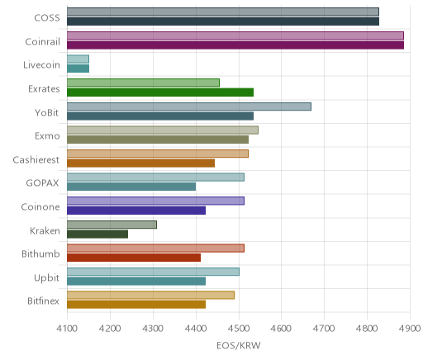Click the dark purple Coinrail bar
(235, 45)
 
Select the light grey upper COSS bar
(223, 12)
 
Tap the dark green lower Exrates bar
(160, 92)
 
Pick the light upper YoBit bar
(189, 107)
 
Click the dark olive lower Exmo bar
(158, 140)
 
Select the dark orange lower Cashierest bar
(141, 163)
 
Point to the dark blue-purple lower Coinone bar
(136, 211)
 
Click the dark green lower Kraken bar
(97, 234)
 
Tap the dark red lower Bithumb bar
(134, 258)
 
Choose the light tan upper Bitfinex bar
(151, 296)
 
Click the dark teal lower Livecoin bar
(78, 69)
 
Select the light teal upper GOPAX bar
(156, 178)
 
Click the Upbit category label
(46, 277)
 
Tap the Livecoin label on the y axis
(41, 65)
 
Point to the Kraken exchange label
(45, 230)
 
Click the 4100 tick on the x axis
(67, 329)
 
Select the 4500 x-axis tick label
(239, 329)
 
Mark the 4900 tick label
(410, 329)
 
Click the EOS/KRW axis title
(239, 345)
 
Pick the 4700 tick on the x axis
(324, 329)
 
